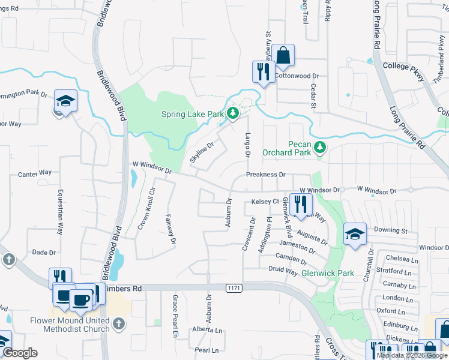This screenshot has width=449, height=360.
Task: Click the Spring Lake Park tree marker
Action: [x=233, y=113]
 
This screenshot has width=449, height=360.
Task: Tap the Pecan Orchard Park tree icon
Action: [x=320, y=146]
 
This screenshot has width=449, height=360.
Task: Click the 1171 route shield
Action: [x=234, y=289]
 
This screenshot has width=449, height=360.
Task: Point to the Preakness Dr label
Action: [x=265, y=175]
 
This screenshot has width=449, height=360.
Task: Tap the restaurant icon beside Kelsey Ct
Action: [x=300, y=204]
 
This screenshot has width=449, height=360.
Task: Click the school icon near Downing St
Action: [x=355, y=235]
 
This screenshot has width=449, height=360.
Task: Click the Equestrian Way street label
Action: [x=60, y=212]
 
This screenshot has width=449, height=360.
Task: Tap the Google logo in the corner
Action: [x=20, y=353]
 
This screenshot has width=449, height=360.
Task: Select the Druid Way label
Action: [x=283, y=271]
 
